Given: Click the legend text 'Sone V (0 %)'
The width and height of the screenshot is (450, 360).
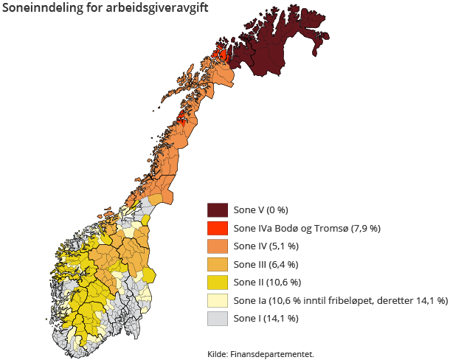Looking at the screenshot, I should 260,210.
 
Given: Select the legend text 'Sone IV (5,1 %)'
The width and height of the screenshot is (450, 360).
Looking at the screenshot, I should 265,246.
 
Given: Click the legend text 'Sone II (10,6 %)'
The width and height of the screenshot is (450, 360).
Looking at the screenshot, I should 267,283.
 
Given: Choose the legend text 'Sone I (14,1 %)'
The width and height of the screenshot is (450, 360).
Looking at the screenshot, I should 266,319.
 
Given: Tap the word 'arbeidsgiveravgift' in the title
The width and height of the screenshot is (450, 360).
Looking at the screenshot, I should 155,9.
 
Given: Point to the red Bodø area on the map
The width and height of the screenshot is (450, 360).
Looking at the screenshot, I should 183,118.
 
